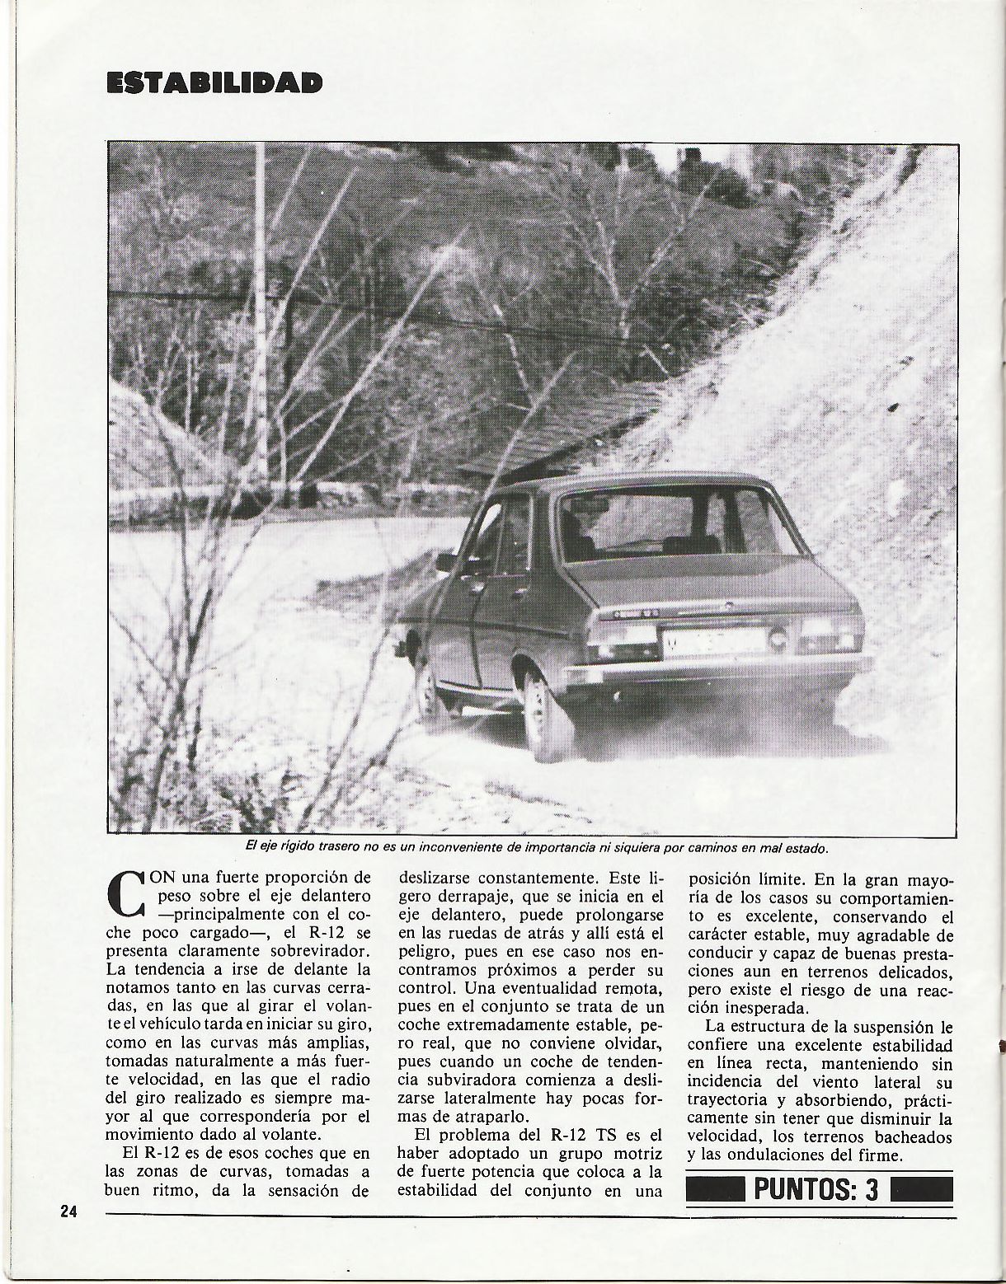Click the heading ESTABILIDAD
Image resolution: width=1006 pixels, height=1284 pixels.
(x=213, y=83)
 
